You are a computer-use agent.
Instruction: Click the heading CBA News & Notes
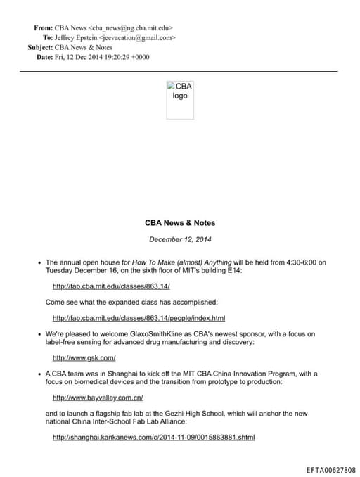coord(180,223)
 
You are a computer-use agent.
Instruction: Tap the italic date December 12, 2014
coord(180,239)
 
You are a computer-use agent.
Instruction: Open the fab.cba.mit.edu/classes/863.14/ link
coord(112,286)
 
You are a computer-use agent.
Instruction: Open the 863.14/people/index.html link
coord(139,318)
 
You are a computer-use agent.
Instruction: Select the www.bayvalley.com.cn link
coord(98,397)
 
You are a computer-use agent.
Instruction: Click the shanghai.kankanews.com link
coord(153,437)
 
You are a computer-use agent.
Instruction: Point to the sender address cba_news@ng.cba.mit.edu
coord(131,27)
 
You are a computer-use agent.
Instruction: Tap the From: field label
coord(43,27)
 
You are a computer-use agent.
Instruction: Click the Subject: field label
coord(39,47)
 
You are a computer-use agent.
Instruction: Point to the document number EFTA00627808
coord(330,470)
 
